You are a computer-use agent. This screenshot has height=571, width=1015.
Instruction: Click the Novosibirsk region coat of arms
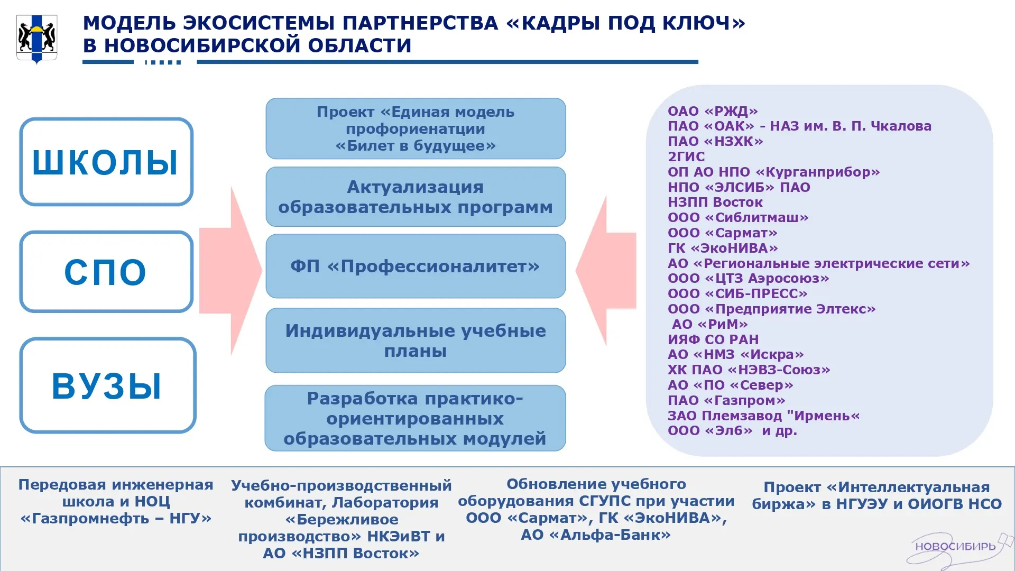[x=36, y=39]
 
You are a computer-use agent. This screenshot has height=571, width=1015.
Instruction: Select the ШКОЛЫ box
[x=106, y=161]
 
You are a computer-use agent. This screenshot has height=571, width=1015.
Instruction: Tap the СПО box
[x=106, y=271]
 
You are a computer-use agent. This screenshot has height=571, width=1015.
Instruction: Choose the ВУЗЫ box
[x=108, y=385]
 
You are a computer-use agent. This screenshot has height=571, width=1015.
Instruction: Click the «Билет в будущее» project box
[x=416, y=128]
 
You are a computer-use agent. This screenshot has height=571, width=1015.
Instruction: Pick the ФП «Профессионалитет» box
[x=416, y=266]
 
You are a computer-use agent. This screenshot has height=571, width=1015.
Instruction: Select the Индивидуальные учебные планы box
[x=416, y=340]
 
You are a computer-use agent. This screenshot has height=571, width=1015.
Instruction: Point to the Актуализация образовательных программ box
[x=416, y=197]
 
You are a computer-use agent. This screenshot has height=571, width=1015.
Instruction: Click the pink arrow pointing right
[x=230, y=271]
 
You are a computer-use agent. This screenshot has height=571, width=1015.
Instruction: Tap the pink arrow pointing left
[x=606, y=271]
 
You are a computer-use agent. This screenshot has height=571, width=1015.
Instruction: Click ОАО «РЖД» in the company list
[x=713, y=111]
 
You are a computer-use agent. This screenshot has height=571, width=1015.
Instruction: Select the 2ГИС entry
[x=686, y=156]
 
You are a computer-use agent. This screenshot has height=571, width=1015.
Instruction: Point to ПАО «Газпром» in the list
[x=726, y=400]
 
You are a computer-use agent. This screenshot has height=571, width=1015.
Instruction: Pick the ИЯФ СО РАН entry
[x=713, y=339]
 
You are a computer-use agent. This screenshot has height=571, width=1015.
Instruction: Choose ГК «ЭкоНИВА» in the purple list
[x=723, y=248]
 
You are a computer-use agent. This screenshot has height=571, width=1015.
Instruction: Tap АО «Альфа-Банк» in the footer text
[x=596, y=535]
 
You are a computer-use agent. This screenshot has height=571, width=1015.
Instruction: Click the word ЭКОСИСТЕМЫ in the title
[x=259, y=23]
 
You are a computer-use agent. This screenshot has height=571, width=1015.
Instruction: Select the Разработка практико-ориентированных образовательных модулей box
[x=416, y=418]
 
